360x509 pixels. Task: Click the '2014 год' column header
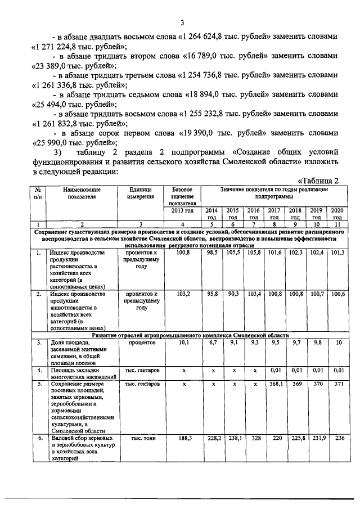click(212, 214)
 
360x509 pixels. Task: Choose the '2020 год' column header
click(337, 214)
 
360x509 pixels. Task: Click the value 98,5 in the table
click(212, 254)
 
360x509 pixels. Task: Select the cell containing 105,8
click(254, 254)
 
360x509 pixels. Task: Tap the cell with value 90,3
click(233, 294)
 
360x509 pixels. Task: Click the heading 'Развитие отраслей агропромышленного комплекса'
click(191, 335)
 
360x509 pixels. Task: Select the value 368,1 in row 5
click(274, 384)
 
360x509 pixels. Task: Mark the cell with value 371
click(337, 384)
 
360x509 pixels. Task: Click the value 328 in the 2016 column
click(254, 438)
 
